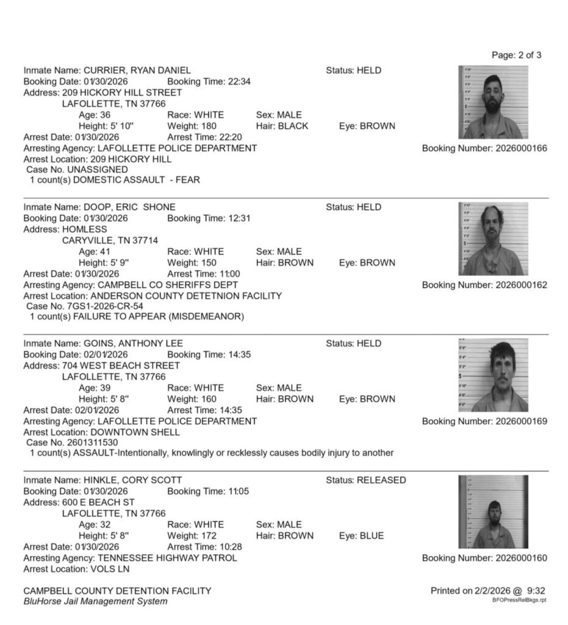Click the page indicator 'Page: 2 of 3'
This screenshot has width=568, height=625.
[x=516, y=56]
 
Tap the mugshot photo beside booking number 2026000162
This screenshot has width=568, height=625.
[x=493, y=239]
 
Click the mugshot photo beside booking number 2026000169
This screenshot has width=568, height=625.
[x=493, y=375]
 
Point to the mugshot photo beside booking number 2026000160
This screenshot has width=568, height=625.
[x=493, y=512]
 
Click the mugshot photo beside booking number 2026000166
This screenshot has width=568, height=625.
[x=493, y=102]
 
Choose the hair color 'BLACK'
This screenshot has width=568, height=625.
[x=294, y=126]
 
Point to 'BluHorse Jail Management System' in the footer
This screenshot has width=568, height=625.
[x=95, y=602]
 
